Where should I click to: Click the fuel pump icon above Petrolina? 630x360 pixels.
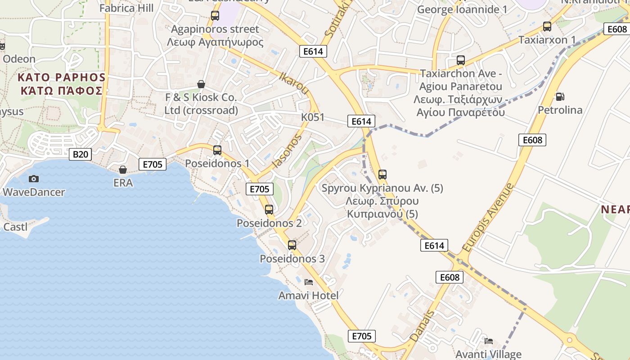(560, 96)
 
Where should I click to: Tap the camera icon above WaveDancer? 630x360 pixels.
(33, 179)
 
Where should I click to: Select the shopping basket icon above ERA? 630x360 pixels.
(122, 169)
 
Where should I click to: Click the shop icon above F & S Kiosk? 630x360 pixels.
(201, 84)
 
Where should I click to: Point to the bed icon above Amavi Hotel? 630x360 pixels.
(309, 282)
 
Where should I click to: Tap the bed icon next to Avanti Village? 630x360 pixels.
(489, 341)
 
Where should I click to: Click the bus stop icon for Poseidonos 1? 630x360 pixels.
(217, 150)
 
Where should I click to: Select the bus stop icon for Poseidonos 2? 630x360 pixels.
(269, 209)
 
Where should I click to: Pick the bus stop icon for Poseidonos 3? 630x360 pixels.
(292, 245)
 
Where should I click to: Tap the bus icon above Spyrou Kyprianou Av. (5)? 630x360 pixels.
(382, 174)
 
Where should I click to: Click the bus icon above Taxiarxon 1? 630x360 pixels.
(547, 26)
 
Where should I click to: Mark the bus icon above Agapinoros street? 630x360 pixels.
(215, 16)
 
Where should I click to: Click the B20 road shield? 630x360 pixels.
(81, 154)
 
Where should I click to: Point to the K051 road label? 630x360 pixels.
(313, 117)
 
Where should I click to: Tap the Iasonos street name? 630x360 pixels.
(287, 152)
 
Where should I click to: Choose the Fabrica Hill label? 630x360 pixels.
(126, 8)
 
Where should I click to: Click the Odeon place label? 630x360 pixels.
(19, 59)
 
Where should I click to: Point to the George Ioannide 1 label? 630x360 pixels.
(463, 9)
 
